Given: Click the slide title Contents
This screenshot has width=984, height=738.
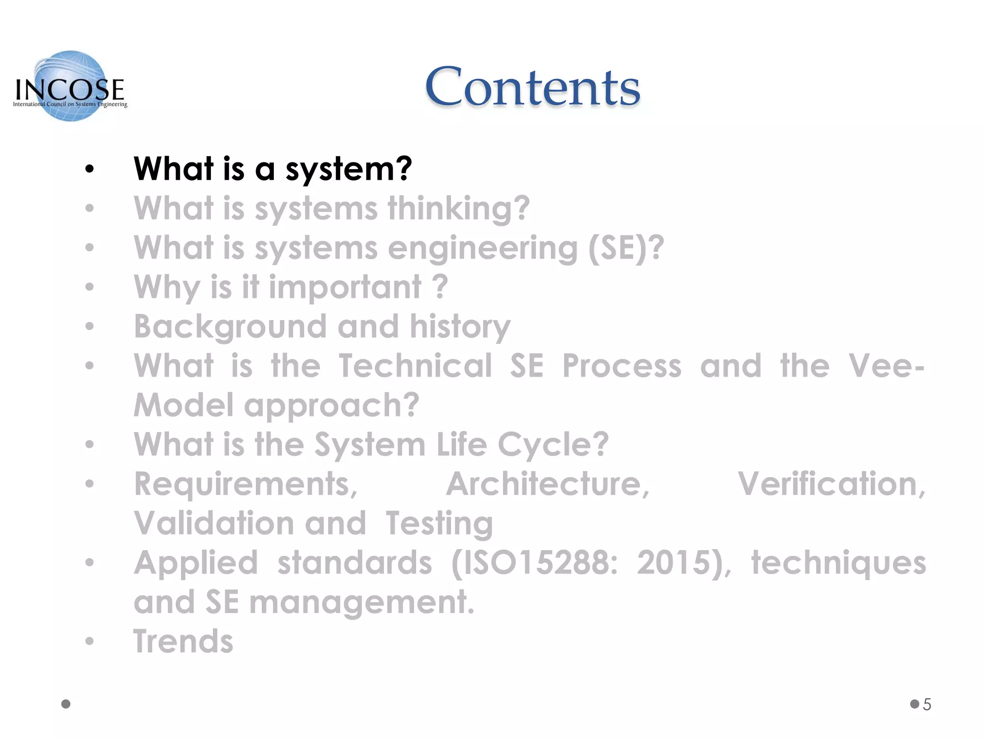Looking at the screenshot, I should click(x=532, y=87).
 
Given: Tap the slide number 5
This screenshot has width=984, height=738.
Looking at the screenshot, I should click(x=927, y=704).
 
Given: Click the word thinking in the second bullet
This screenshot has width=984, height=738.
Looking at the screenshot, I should click(x=458, y=209).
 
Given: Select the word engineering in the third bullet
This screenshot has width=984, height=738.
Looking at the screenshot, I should click(x=482, y=249).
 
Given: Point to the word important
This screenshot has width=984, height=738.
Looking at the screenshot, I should click(x=344, y=288).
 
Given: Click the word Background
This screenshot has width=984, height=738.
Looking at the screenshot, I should click(x=230, y=327).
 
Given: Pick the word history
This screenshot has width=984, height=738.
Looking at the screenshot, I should click(x=460, y=327).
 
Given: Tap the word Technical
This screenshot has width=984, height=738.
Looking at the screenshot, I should click(x=416, y=366).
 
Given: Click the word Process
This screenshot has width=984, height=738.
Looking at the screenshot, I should click(x=622, y=366).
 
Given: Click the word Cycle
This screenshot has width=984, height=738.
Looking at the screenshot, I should click(x=553, y=445).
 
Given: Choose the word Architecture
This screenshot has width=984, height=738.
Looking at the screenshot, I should click(x=548, y=484).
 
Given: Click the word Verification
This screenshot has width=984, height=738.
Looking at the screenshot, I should click(x=831, y=484).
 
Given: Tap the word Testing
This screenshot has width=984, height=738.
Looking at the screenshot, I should click(x=439, y=524).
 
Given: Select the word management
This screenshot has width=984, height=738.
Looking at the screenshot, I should click(x=361, y=603).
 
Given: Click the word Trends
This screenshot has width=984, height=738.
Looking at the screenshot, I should click(x=183, y=642).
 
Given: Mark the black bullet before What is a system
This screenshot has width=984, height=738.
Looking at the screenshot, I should click(x=89, y=169).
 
